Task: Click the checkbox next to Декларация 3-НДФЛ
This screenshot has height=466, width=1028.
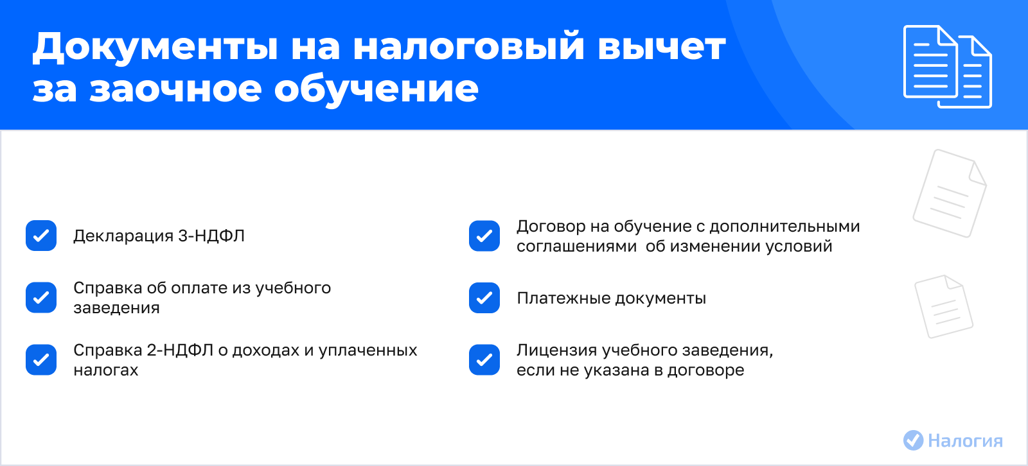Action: [41, 236]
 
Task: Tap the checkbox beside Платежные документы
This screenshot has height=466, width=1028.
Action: [484, 298]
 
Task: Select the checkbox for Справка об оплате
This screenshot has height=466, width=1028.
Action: [41, 298]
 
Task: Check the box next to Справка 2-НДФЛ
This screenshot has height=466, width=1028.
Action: [41, 359]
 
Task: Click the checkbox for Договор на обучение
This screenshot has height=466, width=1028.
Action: [484, 236]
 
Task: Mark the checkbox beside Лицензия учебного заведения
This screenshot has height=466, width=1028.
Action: [484, 359]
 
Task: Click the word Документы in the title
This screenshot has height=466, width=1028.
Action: [155, 47]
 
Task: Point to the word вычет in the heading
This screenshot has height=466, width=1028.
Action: [662, 47]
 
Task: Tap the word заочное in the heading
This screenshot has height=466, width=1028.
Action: [175, 89]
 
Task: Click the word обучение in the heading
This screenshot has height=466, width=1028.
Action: [377, 89]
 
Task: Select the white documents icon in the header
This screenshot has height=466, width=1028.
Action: [947, 67]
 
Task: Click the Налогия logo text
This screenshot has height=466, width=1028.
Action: [965, 441]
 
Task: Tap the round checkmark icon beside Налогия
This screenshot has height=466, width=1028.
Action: [913, 440]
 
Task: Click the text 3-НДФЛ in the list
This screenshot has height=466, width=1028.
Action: [211, 236]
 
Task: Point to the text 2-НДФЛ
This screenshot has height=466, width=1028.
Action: [180, 350]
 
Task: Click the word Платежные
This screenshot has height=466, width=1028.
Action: [563, 298]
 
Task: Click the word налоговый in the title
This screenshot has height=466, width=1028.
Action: [468, 47]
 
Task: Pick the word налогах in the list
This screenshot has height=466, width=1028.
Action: [105, 370]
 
